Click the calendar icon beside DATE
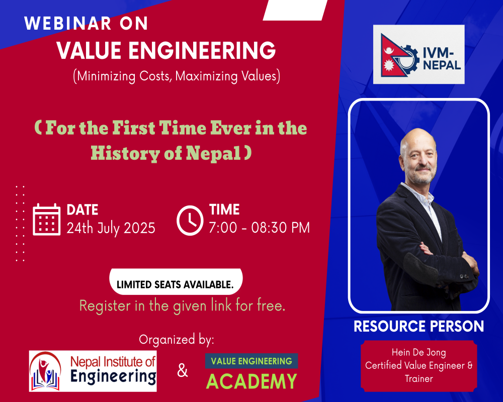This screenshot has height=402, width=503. pyautogui.click(x=46, y=220)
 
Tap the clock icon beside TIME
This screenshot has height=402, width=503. pyautogui.click(x=190, y=220)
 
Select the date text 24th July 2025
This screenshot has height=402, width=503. pyautogui.click(x=111, y=228)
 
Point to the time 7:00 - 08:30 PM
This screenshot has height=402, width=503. pyautogui.click(x=260, y=228)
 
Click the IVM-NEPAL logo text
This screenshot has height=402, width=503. pyautogui.click(x=442, y=59)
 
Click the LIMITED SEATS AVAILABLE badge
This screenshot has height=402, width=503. pyautogui.click(x=176, y=282)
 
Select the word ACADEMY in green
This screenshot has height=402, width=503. pyautogui.click(x=251, y=381)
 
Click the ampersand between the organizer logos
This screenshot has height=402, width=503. pyautogui.click(x=182, y=370)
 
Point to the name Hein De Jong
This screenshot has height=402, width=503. pyautogui.click(x=418, y=353)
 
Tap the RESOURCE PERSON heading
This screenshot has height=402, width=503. pyautogui.click(x=418, y=326)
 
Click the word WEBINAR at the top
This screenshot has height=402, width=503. pyautogui.click(x=68, y=24)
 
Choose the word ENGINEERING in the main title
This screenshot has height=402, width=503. pyautogui.click(x=202, y=50)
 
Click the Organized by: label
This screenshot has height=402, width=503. pyautogui.click(x=177, y=340)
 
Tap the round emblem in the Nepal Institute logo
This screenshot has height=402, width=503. pyautogui.click(x=46, y=371)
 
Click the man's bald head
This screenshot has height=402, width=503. pyautogui.click(x=417, y=138)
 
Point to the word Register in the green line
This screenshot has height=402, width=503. pyautogui.click(x=106, y=306)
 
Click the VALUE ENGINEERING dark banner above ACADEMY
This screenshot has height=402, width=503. pyautogui.click(x=251, y=361)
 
